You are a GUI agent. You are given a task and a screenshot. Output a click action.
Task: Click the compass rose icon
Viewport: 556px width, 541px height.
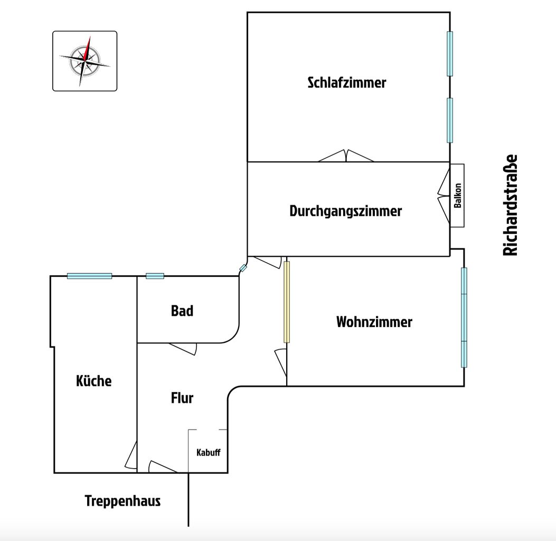click(x=84, y=61)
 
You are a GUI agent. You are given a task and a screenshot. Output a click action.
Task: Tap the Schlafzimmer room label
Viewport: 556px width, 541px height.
click(x=347, y=83)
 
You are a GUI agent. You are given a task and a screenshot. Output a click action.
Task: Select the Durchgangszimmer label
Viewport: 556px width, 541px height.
click(x=345, y=211)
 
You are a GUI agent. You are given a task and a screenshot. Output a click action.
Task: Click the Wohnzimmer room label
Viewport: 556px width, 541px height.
click(x=374, y=322)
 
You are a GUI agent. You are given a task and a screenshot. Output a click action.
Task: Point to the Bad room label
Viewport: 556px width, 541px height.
click(x=182, y=311)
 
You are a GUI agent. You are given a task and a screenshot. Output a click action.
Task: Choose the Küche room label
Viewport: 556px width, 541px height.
click(x=94, y=381)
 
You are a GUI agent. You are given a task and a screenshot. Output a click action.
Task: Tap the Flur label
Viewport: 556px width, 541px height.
click(x=182, y=398)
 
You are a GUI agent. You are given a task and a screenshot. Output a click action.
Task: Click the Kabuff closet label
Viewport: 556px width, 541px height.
click(x=208, y=453)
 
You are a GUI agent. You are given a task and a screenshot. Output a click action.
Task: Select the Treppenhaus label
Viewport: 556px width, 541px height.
click(x=122, y=501)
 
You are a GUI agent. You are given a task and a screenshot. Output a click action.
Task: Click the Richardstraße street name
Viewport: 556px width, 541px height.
click(x=511, y=206)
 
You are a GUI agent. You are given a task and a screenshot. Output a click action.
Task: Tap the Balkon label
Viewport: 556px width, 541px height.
click(x=458, y=195)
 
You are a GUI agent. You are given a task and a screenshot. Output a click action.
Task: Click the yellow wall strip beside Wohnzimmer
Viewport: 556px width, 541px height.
click(x=287, y=302)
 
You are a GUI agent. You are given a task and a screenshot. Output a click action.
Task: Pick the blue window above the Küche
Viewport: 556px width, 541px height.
click(x=89, y=276)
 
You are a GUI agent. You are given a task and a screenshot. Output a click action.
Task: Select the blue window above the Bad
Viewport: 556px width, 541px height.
click(x=155, y=276)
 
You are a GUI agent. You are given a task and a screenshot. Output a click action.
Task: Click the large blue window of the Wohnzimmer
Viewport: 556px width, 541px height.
click(x=464, y=317)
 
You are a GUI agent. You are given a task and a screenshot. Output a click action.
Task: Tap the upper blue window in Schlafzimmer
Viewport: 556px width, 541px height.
click(x=450, y=53)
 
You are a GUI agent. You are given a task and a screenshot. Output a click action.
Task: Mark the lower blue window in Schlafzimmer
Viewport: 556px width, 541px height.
click(x=450, y=120)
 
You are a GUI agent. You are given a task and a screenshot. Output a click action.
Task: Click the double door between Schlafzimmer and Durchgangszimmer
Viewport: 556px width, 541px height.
click(x=346, y=156)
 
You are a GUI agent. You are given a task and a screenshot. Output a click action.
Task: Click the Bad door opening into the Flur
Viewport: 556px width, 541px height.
click(x=183, y=348)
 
